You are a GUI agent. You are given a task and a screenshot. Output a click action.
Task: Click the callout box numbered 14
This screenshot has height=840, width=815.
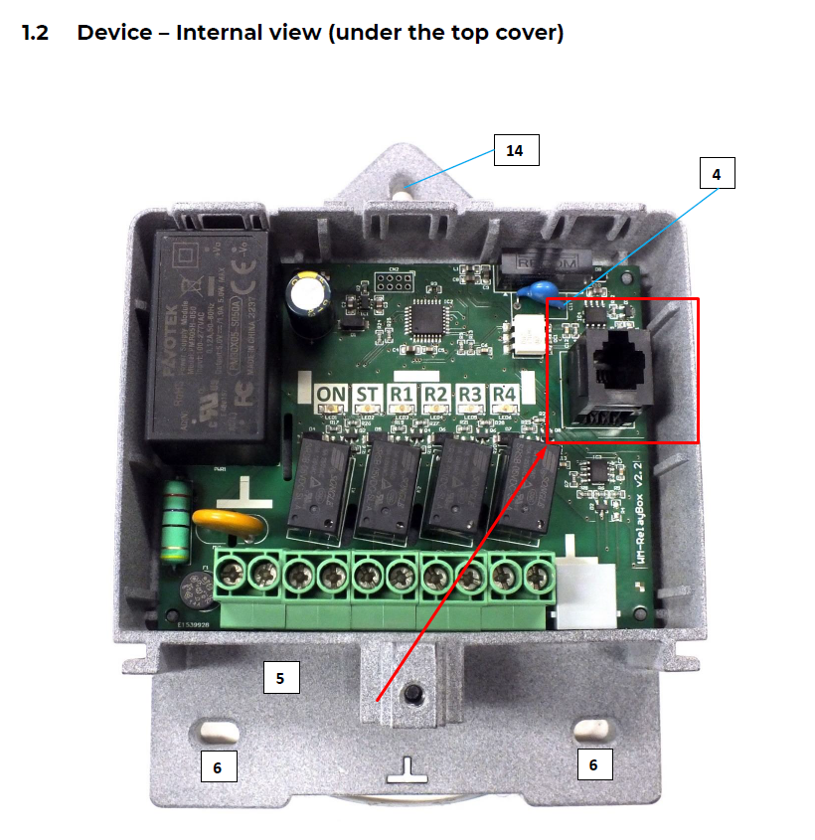coord(514,150)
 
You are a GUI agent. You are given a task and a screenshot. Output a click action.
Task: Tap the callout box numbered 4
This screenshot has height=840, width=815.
coord(716,174)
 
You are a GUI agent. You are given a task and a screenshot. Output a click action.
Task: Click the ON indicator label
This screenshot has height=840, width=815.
coord(331,395)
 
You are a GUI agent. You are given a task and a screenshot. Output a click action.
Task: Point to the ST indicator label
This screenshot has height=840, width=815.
coord(367,395)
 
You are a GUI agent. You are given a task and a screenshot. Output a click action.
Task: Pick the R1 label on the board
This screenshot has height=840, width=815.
coord(402,395)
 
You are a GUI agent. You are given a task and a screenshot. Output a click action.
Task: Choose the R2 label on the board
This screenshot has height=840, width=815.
coord(435,395)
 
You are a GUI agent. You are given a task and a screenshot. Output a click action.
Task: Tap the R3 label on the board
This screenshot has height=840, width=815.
coord(470,395)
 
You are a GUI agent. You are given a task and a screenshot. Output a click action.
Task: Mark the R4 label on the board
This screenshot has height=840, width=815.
coord(505,395)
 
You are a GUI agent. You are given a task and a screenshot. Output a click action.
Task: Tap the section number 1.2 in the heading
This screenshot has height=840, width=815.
coord(35,33)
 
